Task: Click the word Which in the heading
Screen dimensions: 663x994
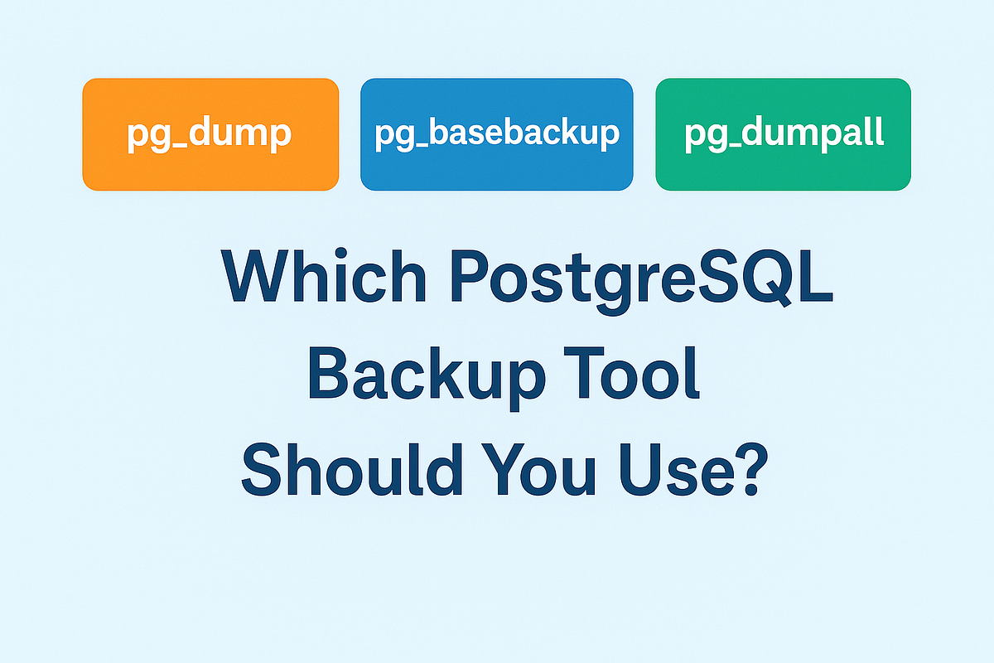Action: [325, 277]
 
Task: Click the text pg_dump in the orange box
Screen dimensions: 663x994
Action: [209, 135]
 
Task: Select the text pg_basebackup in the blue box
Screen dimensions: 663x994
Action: [497, 135]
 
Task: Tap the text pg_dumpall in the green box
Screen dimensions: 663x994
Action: [784, 135]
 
